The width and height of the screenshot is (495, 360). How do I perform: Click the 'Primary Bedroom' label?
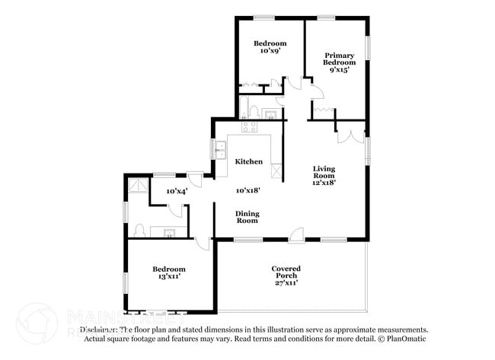click(x=340, y=59)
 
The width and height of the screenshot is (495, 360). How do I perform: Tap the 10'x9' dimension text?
click(x=270, y=52)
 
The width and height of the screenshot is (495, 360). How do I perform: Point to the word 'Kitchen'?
click(x=249, y=161)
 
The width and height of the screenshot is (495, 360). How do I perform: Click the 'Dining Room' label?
click(x=246, y=217)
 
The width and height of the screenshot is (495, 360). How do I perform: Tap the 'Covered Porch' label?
click(x=286, y=272)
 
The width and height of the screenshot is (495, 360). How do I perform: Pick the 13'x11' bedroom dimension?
click(x=168, y=278)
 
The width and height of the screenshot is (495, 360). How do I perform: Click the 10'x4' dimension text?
click(x=177, y=190)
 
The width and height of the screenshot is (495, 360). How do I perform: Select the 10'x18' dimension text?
click(x=249, y=190)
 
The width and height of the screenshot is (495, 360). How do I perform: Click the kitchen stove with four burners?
click(x=249, y=126)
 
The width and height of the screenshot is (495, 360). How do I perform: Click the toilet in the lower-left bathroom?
click(x=140, y=230)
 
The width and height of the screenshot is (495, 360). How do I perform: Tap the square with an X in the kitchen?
click(x=275, y=170)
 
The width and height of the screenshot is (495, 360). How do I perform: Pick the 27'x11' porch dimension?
click(x=286, y=282)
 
